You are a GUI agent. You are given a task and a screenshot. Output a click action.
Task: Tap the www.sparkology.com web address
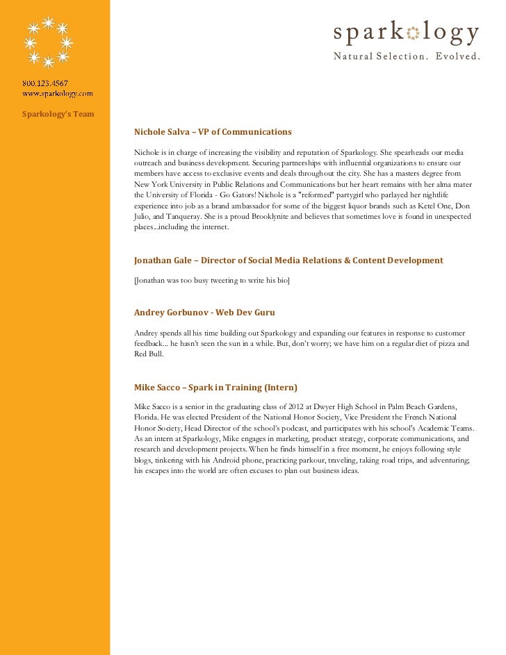57,92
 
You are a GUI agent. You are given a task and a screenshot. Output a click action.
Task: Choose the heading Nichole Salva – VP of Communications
213,132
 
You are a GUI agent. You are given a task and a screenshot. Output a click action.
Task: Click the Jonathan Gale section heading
288,260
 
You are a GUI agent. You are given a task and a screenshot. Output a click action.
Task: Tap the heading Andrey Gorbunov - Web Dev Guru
209,313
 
